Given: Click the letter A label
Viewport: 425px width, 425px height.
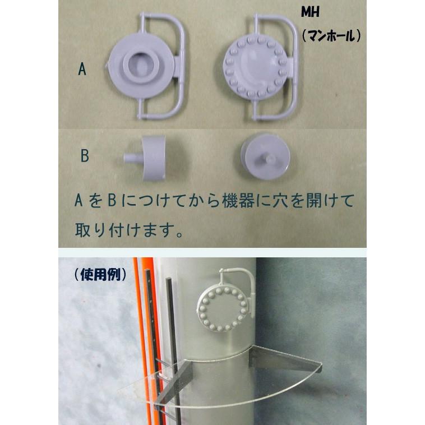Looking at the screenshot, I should tap(82, 70).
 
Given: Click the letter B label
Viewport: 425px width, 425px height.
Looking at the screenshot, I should tap(84, 156).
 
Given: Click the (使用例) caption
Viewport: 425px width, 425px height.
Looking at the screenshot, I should tap(99, 275).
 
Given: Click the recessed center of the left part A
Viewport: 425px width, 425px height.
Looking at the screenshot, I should tap(138, 67).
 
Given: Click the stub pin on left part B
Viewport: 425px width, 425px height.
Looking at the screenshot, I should tap(131, 159).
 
